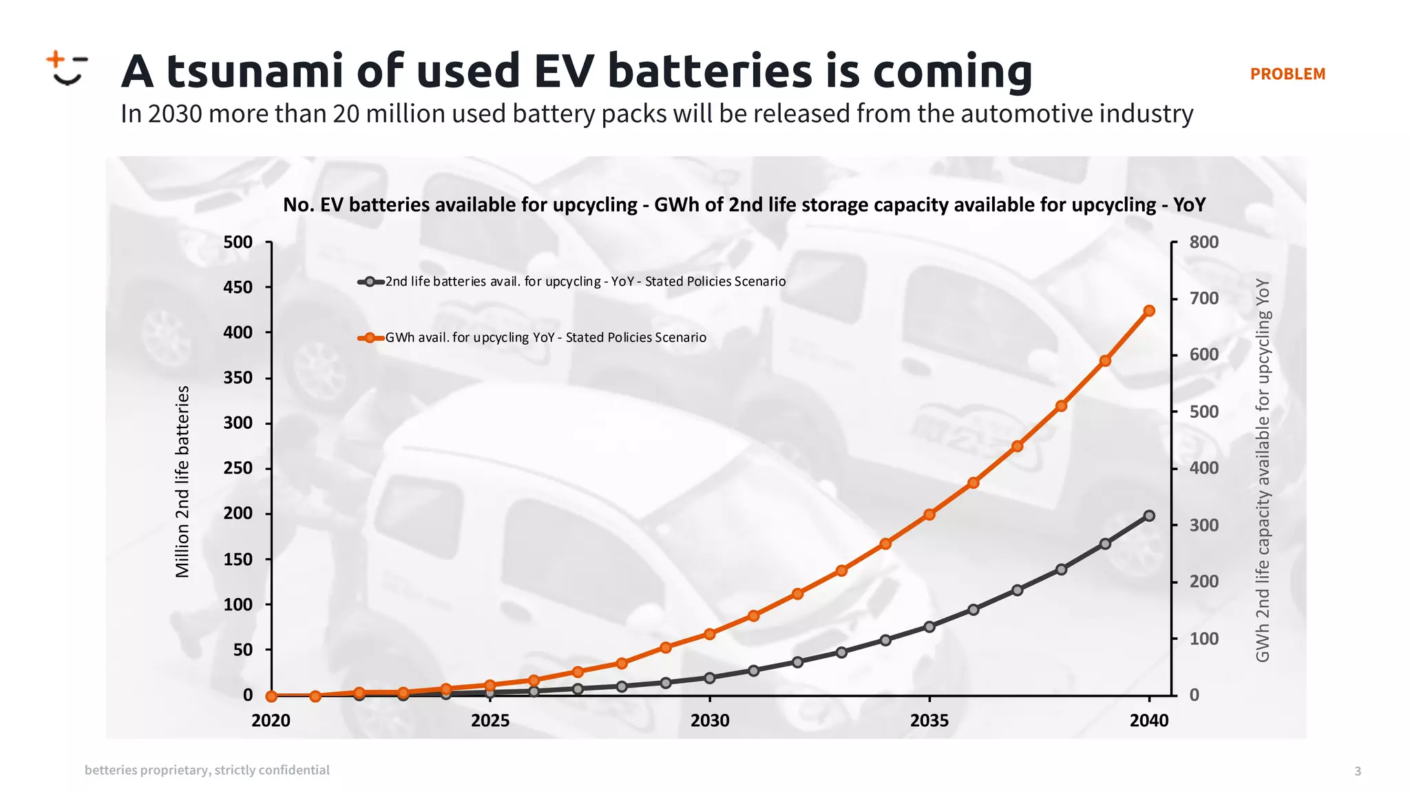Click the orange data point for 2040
(x=1149, y=310)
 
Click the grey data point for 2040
(x=1149, y=516)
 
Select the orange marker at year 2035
(x=929, y=514)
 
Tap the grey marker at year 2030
(x=710, y=678)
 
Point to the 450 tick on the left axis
(x=238, y=287)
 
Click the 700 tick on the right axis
(x=1203, y=298)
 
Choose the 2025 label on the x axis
(x=490, y=721)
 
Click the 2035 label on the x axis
(x=929, y=721)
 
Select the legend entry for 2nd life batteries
(x=571, y=282)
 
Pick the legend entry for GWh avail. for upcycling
(x=532, y=337)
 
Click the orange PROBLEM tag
(x=1287, y=74)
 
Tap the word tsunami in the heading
(x=255, y=71)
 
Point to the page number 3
(x=1358, y=771)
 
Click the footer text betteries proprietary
(x=207, y=770)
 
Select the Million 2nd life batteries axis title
(x=182, y=482)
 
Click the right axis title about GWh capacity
(x=1262, y=470)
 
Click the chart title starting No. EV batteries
(x=744, y=204)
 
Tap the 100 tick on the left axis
(x=238, y=604)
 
